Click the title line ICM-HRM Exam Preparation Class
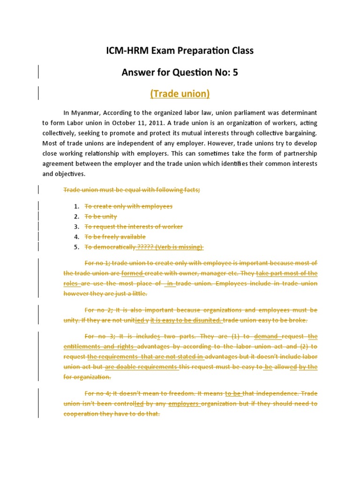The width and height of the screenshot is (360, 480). click(180, 51)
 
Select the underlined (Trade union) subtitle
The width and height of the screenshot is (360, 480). click(180, 94)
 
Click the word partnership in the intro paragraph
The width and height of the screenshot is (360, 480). click(297, 153)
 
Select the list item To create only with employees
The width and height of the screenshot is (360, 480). click(128, 206)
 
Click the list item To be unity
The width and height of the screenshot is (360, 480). click(100, 217)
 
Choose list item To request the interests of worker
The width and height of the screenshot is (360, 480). click(134, 227)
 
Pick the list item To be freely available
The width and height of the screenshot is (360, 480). click(115, 237)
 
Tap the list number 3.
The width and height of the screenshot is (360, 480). click(76, 227)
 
